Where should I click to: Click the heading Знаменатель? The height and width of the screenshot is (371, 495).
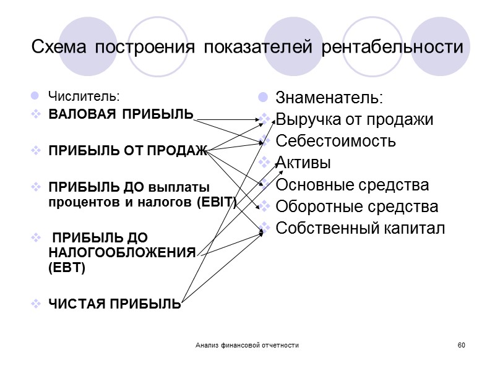(329, 98)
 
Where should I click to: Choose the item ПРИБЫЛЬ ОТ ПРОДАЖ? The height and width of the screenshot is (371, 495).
(127, 151)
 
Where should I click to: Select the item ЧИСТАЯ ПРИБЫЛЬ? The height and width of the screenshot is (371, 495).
(115, 304)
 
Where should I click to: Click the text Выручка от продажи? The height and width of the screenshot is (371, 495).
(354, 119)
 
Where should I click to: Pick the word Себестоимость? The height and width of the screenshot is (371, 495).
(335, 141)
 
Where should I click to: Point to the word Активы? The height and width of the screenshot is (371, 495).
(303, 163)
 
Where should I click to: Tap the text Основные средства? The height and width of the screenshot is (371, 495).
(351, 184)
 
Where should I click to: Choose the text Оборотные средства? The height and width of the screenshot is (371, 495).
(356, 206)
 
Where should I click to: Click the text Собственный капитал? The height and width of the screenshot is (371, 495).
(360, 228)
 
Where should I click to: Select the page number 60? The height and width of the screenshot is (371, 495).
(460, 344)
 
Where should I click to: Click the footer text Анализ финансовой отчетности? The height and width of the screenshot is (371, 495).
(246, 344)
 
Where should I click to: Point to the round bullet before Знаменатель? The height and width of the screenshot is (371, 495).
(263, 98)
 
